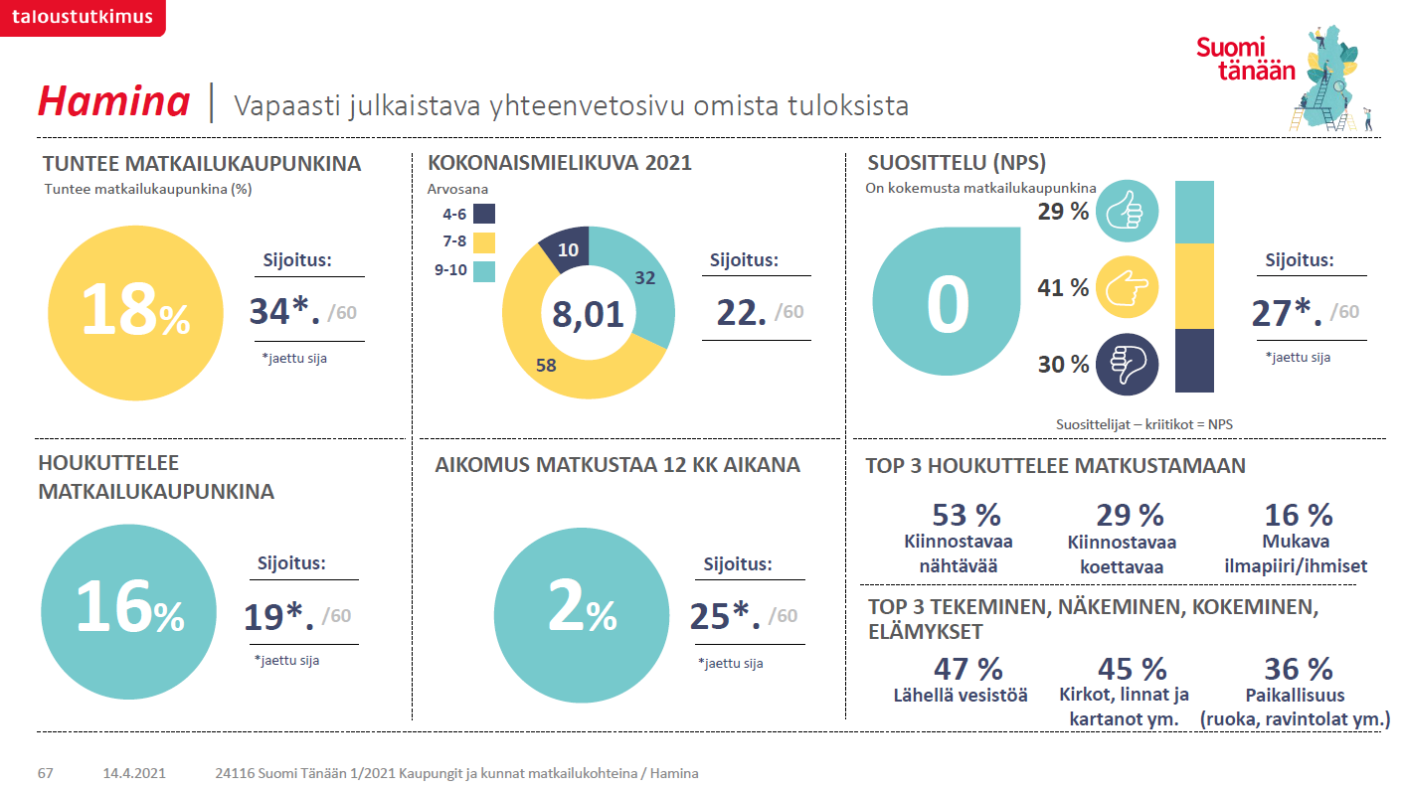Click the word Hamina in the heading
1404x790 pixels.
click(x=113, y=102)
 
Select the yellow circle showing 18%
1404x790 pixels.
click(x=135, y=313)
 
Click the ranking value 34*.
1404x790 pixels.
click(x=284, y=312)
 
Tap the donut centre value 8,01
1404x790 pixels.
click(x=589, y=314)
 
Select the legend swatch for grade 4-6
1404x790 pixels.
click(x=484, y=214)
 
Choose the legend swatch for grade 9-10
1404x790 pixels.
click(x=484, y=269)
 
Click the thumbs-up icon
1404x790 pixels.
click(x=1127, y=212)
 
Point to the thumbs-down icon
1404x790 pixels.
click(x=1127, y=365)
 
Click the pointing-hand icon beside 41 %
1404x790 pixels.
click(x=1127, y=288)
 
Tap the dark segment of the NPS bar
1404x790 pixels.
click(x=1194, y=360)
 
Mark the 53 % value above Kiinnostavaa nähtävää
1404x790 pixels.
click(x=965, y=515)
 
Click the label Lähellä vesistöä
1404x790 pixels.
click(x=961, y=695)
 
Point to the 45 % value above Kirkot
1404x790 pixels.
click(x=1132, y=669)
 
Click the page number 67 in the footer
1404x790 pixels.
click(x=46, y=773)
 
